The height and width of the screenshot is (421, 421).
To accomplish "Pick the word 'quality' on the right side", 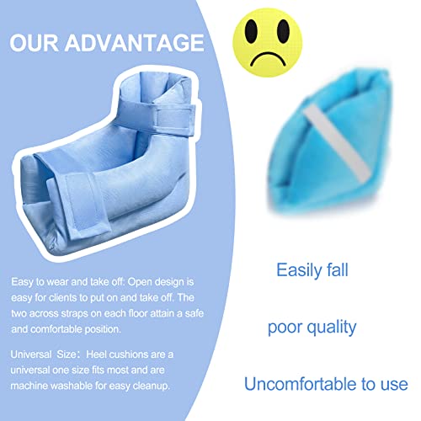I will click(x=348, y=328).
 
